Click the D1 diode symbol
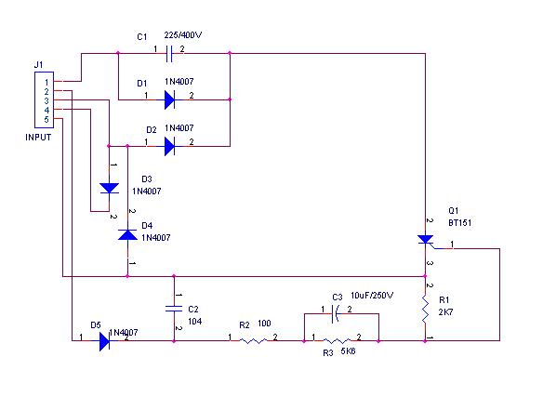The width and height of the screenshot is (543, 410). tap(169, 99)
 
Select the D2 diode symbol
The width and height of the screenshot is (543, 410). tap(169, 146)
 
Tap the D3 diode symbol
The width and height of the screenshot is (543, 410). tap(110, 189)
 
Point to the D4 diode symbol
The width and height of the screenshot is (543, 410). tap(127, 235)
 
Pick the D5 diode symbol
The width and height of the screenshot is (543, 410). tap(104, 341)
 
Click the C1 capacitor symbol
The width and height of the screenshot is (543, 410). tap(168, 53)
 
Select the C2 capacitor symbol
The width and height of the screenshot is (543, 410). tap(174, 309)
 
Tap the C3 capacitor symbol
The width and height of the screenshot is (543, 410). tap(336, 313)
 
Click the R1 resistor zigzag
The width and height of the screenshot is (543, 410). tap(425, 310)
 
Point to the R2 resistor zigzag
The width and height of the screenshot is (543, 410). tap(253, 341)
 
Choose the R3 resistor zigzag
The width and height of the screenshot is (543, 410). tap(337, 341)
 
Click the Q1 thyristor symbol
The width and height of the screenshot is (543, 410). tap(426, 240)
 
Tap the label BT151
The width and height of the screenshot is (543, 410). tap(460, 222)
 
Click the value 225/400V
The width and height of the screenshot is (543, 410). tap(183, 35)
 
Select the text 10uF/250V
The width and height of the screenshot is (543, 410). tap(372, 296)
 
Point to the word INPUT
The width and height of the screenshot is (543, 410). tap(38, 137)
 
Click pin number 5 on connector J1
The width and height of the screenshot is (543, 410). tap(46, 120)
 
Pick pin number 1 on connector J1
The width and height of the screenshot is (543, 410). tap(46, 83)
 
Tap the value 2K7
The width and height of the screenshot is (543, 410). tap(445, 312)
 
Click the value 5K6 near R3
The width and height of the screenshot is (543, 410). tap(348, 351)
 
